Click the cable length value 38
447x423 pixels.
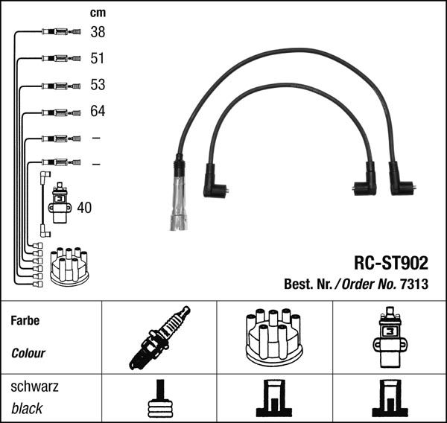pos(98,32)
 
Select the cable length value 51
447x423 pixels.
pos(97,58)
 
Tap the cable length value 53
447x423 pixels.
pos(98,85)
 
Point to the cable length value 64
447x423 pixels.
pos(98,111)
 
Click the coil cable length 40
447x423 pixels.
pos(84,208)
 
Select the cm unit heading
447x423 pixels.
pos(98,13)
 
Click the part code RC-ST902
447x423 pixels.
pos(391,263)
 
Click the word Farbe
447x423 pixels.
pos(25,320)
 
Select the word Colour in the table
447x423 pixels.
pos(28,353)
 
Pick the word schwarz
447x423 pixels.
pos(34,387)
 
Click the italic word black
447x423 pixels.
pos(27,408)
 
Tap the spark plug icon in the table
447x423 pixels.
pos(159,338)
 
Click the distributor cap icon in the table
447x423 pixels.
pos(274,337)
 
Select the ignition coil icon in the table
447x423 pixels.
pos(390,337)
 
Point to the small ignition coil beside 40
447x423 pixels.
pos(60,203)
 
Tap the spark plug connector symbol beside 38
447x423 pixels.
pos(61,31)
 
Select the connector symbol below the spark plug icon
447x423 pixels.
pos(160,398)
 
